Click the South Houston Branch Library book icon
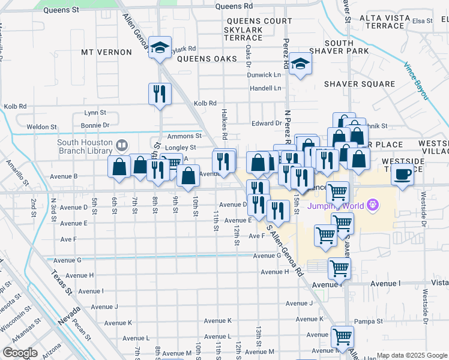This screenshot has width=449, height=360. (122, 145)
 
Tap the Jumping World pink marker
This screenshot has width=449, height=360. (374, 206)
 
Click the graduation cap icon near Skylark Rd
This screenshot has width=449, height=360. (160, 48)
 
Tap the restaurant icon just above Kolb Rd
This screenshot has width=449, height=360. (160, 94)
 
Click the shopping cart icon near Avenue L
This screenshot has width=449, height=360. (342, 337)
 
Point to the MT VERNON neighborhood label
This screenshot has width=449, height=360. (106, 52)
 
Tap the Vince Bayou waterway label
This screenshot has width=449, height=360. (416, 80)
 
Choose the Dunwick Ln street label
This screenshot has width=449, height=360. (264, 75)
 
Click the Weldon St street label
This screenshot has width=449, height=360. (41, 127)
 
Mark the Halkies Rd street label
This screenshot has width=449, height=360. (224, 128)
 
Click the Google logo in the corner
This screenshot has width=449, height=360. (20, 353)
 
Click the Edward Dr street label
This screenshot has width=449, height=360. (267, 123)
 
